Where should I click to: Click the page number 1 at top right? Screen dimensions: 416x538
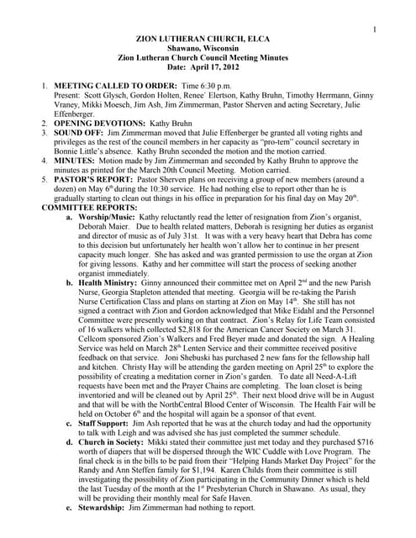pyautogui.click(x=374, y=31)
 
